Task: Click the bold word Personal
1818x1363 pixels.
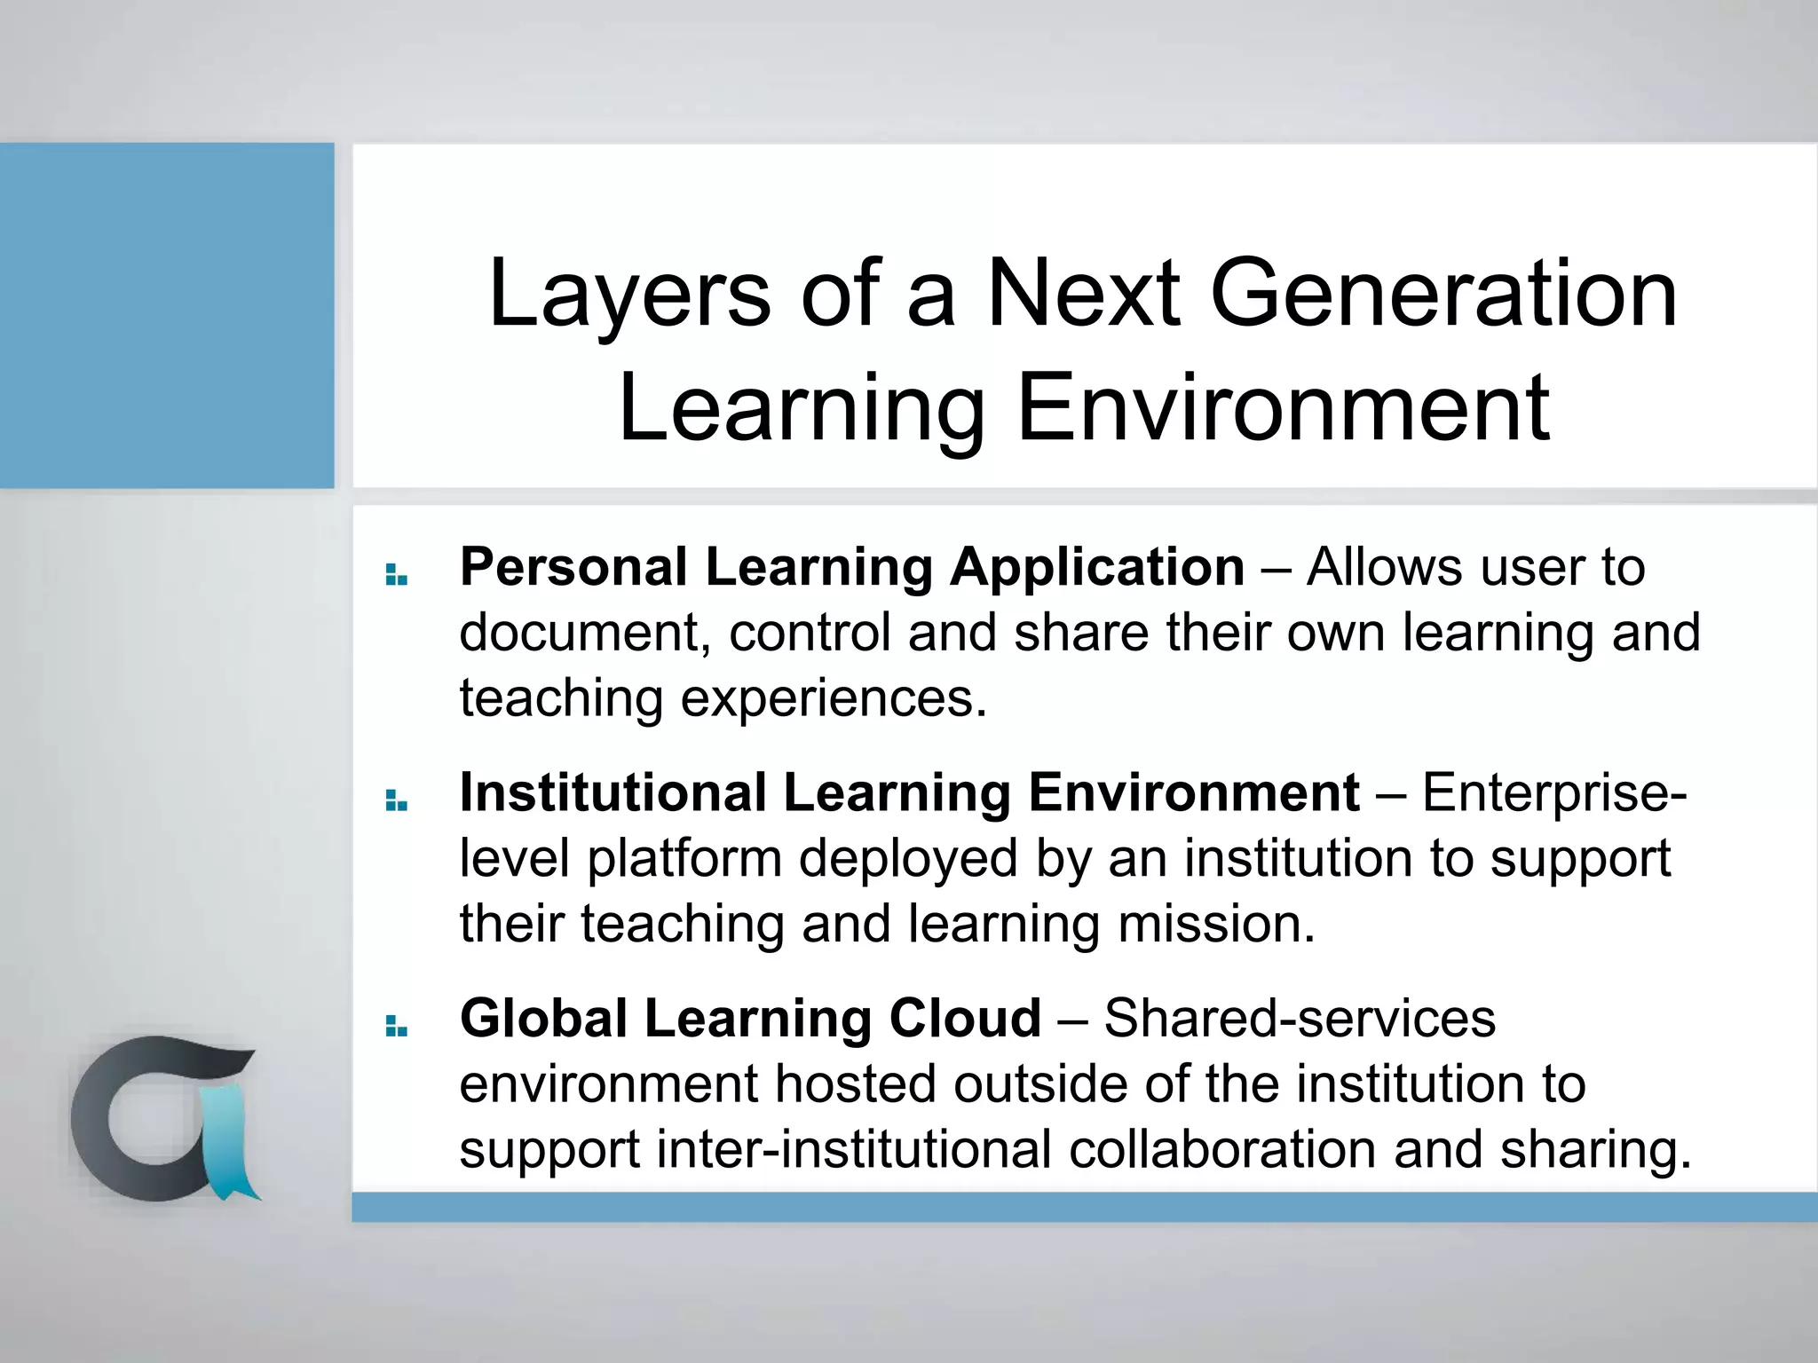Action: [x=573, y=568]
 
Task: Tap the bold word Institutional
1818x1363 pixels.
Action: [x=613, y=792]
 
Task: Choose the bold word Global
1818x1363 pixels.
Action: [x=543, y=1018]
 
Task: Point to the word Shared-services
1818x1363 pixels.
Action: [x=1300, y=1018]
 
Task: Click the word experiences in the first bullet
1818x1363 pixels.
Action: [x=834, y=699]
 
